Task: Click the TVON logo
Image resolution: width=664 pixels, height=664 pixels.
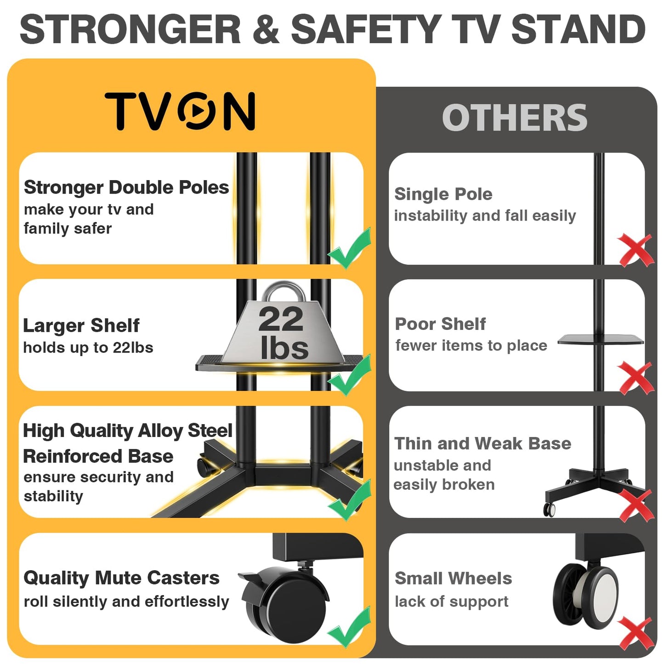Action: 180,111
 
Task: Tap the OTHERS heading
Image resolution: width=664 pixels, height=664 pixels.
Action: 514,118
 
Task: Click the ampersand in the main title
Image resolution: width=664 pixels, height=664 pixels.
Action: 266,29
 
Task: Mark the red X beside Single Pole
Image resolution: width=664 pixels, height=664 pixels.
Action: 636,250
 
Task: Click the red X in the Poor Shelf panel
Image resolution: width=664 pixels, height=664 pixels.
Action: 636,378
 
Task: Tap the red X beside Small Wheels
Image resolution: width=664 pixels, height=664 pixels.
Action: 636,633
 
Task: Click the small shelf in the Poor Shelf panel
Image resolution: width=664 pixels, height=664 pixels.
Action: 600,340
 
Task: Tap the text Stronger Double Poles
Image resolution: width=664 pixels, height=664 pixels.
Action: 126,187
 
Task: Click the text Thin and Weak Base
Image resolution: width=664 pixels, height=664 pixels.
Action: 482,443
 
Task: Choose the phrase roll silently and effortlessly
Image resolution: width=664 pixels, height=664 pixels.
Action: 126,602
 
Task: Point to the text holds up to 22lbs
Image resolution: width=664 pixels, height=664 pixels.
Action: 88,347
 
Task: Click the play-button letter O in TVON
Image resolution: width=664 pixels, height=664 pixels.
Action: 197,111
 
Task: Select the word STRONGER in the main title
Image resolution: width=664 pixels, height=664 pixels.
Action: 131,29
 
